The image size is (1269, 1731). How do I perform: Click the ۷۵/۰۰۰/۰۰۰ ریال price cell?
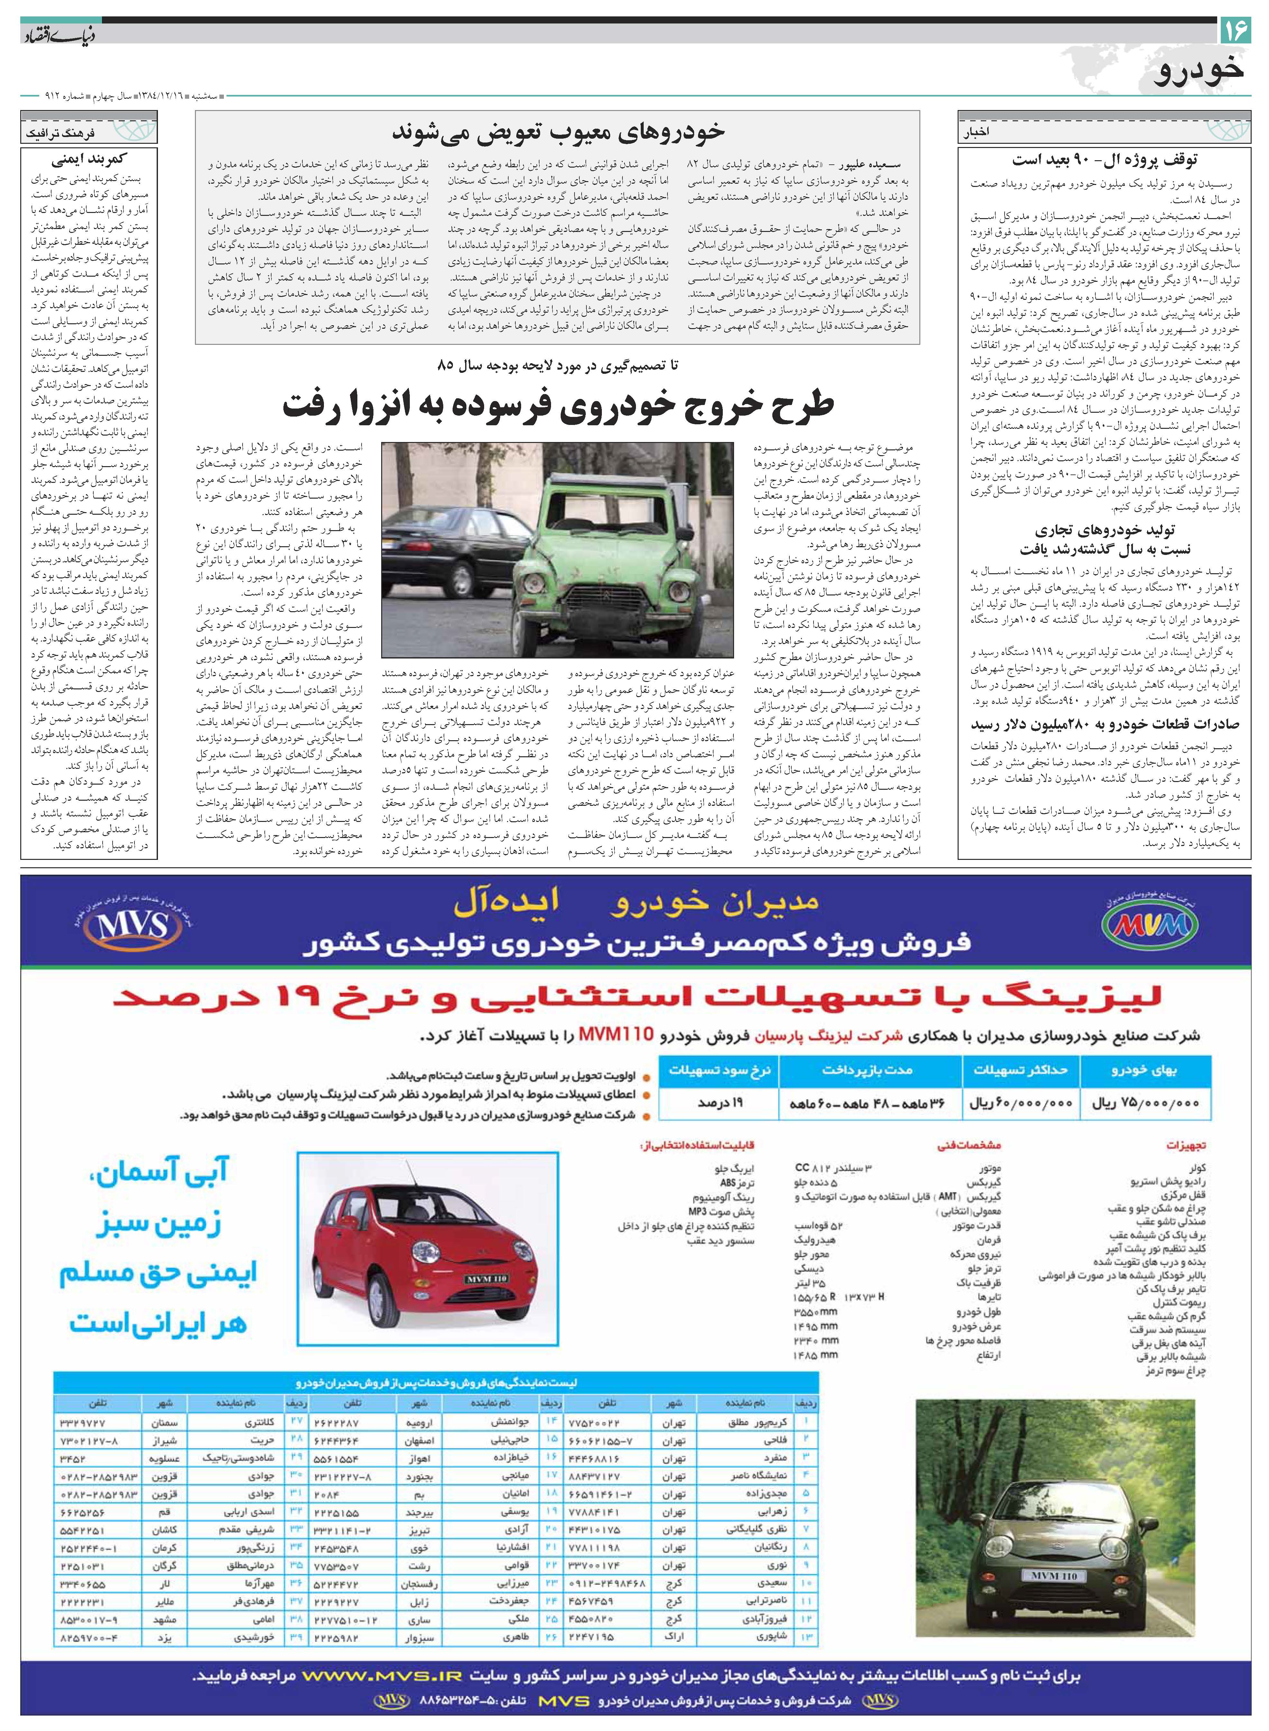point(1145,1103)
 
